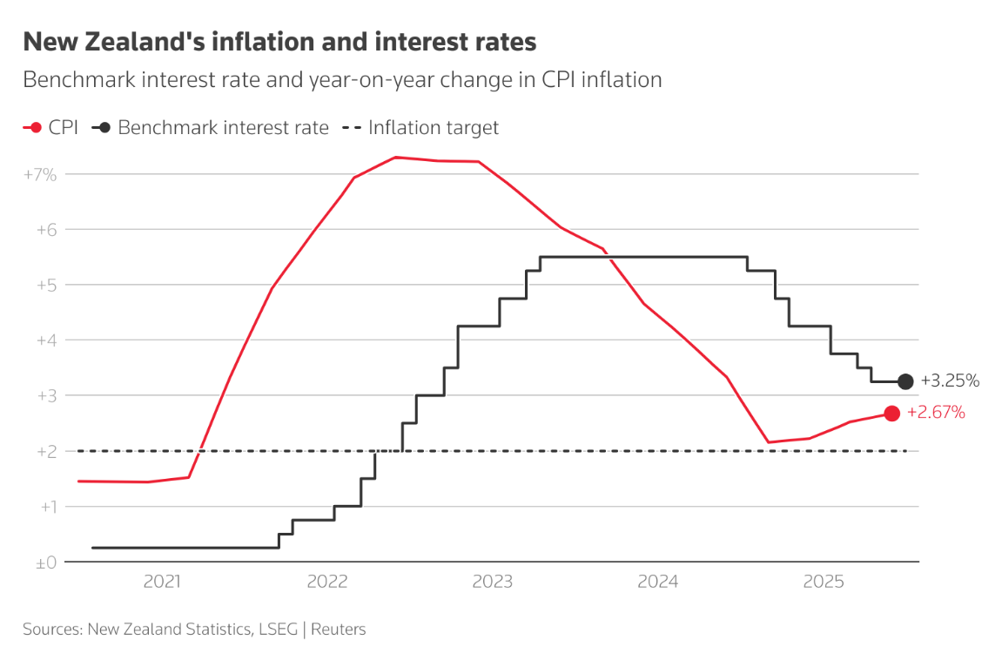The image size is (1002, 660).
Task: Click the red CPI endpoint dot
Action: pyautogui.click(x=891, y=414)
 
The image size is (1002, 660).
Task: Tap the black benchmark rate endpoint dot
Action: pyautogui.click(x=905, y=381)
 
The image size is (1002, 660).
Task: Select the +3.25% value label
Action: pyautogui.click(x=950, y=381)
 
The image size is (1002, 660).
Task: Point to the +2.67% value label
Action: pyautogui.click(x=936, y=413)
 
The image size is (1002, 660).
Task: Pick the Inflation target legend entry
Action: pyautogui.click(x=433, y=128)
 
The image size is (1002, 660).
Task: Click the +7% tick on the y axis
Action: pyautogui.click(x=40, y=174)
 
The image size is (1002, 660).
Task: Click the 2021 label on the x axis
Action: pyautogui.click(x=162, y=582)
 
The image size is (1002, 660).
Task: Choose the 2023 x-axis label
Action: pyautogui.click(x=493, y=582)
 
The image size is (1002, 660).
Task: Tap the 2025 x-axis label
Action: pyautogui.click(x=824, y=582)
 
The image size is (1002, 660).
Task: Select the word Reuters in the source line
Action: pyautogui.click(x=339, y=629)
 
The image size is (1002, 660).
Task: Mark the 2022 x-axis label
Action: pyautogui.click(x=327, y=582)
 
